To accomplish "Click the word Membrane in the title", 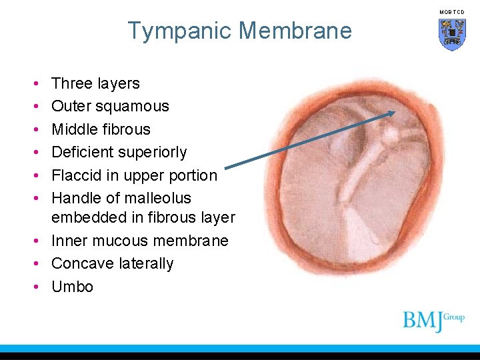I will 295,31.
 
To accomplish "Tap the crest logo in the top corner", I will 452,34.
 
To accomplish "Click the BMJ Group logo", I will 433,320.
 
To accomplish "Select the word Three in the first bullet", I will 71,83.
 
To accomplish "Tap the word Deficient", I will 81,152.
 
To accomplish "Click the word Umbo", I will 72,287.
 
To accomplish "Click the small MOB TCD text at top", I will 451,12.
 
